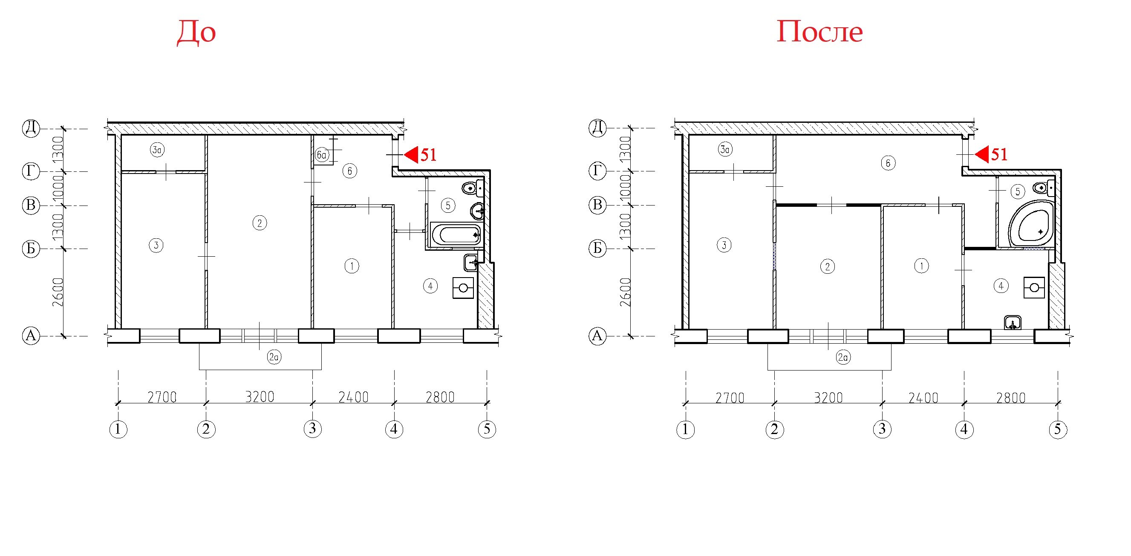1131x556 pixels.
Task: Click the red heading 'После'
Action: [x=820, y=32]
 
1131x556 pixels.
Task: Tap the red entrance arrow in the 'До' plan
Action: [x=411, y=155]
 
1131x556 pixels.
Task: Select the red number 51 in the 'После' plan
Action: [x=999, y=155]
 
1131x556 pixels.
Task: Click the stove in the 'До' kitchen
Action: [x=463, y=288]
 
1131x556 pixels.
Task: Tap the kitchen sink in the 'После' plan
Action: [x=1013, y=323]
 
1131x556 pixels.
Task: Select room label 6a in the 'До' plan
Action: [x=322, y=155]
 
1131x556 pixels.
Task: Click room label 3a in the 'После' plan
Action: [x=725, y=149]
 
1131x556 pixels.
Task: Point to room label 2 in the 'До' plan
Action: [x=260, y=223]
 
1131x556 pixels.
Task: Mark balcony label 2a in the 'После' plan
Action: [x=843, y=357]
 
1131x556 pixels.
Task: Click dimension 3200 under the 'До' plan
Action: [x=260, y=397]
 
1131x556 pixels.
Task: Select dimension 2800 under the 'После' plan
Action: [x=1011, y=398]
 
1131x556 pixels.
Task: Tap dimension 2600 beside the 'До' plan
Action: [x=58, y=292]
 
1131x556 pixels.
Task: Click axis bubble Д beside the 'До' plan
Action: [x=31, y=128]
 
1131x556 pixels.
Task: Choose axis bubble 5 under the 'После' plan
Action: [x=1058, y=429]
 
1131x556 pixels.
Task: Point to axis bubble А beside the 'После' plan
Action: [x=597, y=336]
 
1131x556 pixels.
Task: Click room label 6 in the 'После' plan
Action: [x=888, y=163]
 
